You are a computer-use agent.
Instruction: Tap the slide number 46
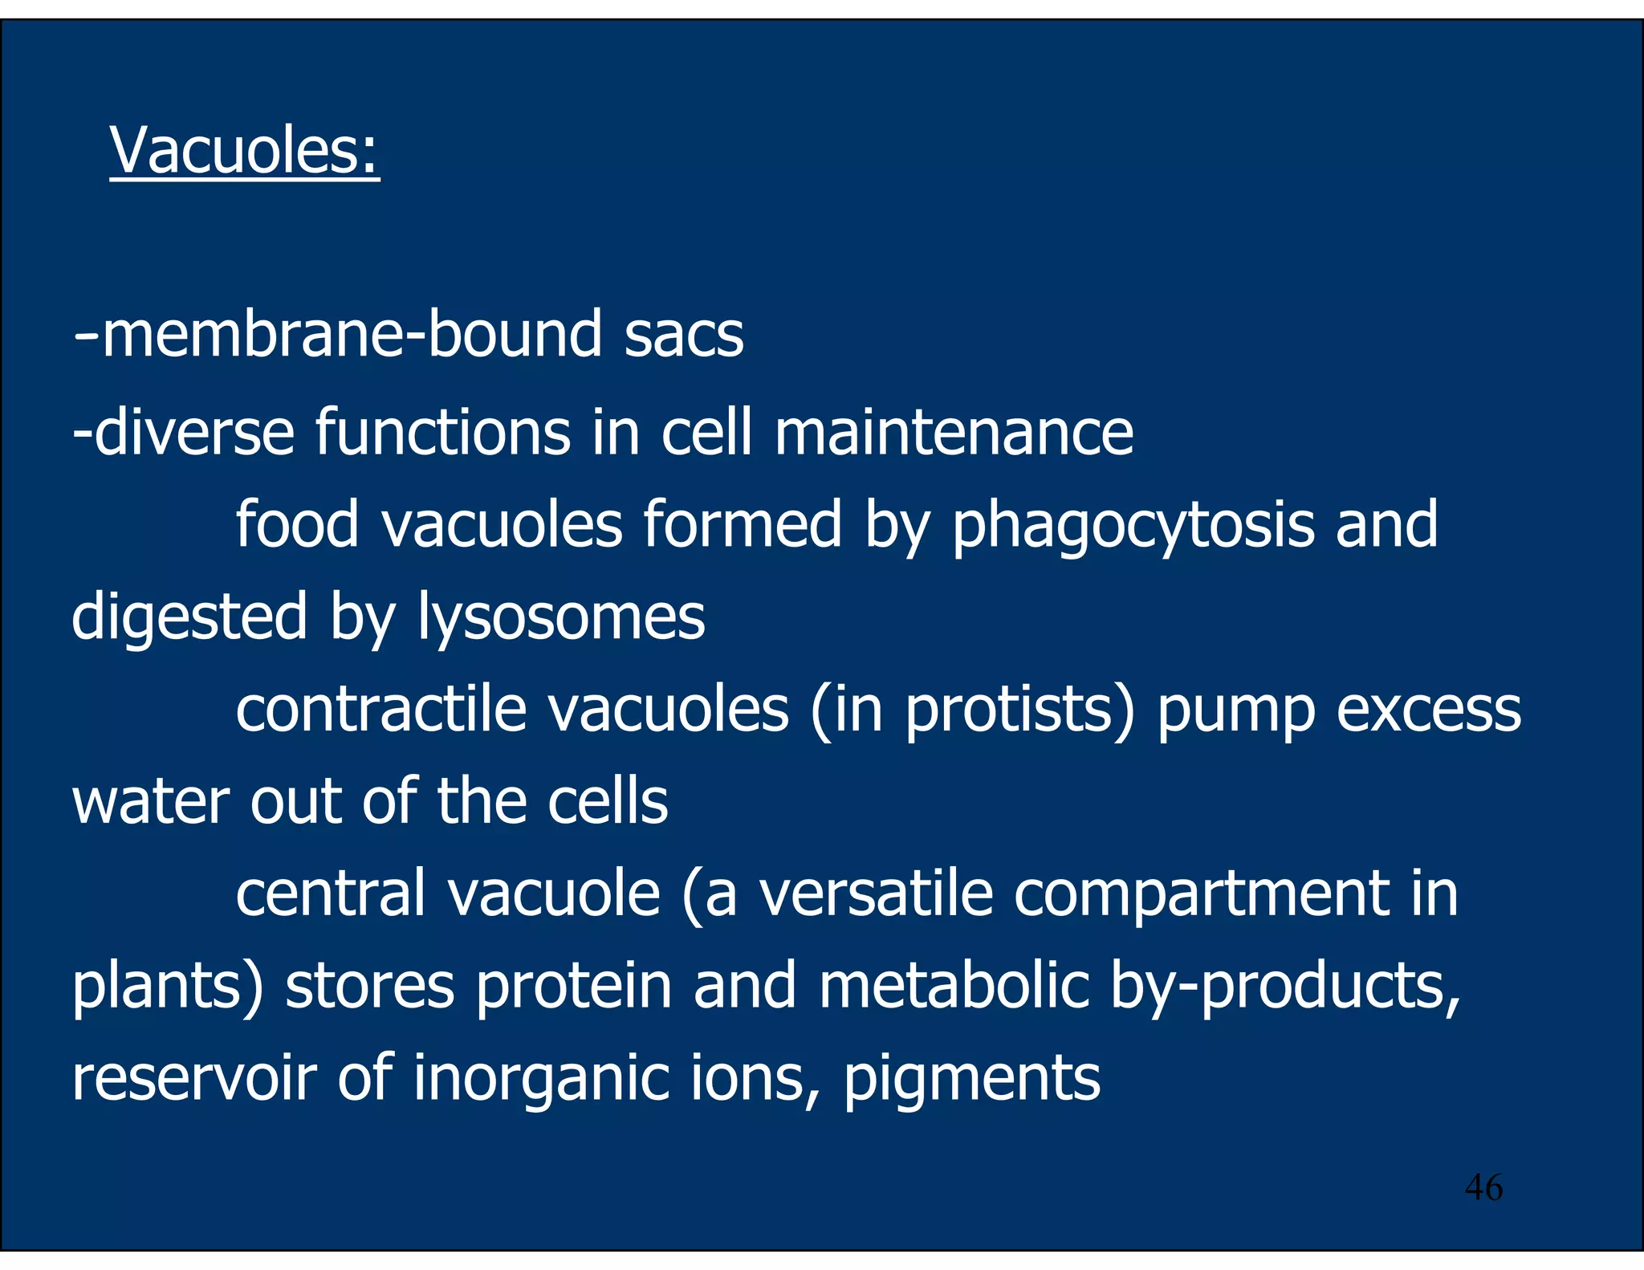point(1483,1187)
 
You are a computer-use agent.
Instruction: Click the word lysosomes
point(561,618)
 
